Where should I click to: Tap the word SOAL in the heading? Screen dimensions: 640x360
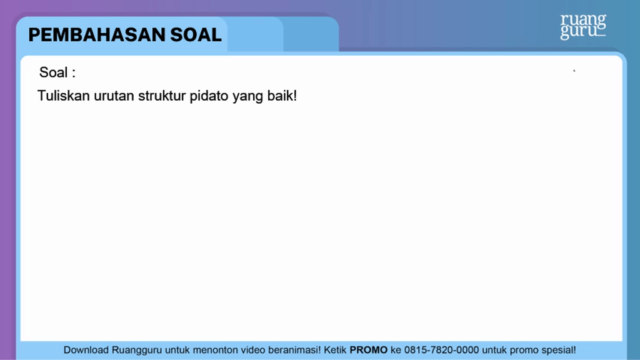pyautogui.click(x=196, y=35)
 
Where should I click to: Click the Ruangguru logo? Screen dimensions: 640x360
pyautogui.click(x=583, y=27)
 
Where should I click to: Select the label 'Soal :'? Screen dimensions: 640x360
pyautogui.click(x=57, y=72)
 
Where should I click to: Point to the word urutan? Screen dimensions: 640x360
pyautogui.click(x=114, y=96)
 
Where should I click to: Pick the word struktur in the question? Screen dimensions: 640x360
pyautogui.click(x=162, y=96)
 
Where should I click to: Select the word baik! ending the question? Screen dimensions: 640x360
pyautogui.click(x=282, y=96)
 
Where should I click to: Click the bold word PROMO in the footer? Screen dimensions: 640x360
pyautogui.click(x=368, y=350)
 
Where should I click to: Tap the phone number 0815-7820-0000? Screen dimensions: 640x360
pyautogui.click(x=441, y=350)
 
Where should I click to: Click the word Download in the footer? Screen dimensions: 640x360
pyautogui.click(x=86, y=350)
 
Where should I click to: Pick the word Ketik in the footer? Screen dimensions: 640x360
pyautogui.click(x=335, y=350)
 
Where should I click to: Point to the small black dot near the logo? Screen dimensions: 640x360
pyautogui.click(x=574, y=71)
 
